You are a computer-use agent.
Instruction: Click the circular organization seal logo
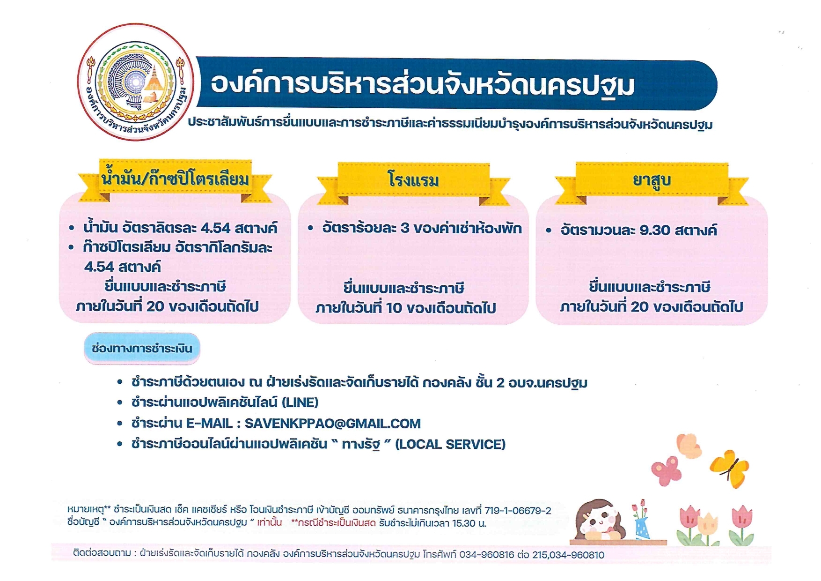(136, 82)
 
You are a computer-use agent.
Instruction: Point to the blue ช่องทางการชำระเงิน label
(142, 349)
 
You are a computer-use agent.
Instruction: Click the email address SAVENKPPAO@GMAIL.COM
(333, 424)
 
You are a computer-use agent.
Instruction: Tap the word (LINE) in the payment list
(300, 402)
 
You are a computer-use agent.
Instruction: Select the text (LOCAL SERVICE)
(450, 444)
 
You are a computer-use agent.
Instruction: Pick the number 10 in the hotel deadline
(394, 308)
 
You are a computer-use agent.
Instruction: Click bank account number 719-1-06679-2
(518, 511)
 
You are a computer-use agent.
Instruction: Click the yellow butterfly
(730, 468)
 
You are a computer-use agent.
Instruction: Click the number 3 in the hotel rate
(405, 228)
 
